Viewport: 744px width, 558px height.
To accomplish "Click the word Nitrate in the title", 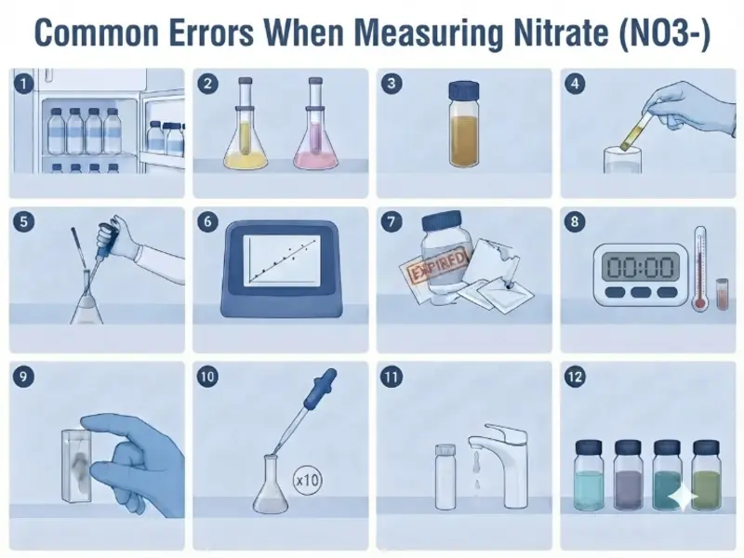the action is click(561, 33).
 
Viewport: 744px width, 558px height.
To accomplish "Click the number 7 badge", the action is click(391, 221).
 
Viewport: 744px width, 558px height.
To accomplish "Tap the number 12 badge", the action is click(575, 377).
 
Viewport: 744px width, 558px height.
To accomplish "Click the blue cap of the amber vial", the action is click(463, 90).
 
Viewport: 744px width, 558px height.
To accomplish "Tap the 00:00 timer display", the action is click(641, 266).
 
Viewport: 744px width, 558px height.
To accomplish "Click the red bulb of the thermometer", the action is click(700, 302).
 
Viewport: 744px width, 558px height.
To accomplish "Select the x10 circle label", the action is click(307, 480).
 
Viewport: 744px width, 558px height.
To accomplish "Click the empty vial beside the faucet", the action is click(445, 477).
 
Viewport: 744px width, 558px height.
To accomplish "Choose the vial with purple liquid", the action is click(628, 474).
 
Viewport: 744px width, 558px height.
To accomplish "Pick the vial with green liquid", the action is click(707, 474).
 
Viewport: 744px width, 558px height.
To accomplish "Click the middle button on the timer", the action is click(641, 292).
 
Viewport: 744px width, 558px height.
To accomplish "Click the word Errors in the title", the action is click(212, 33).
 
